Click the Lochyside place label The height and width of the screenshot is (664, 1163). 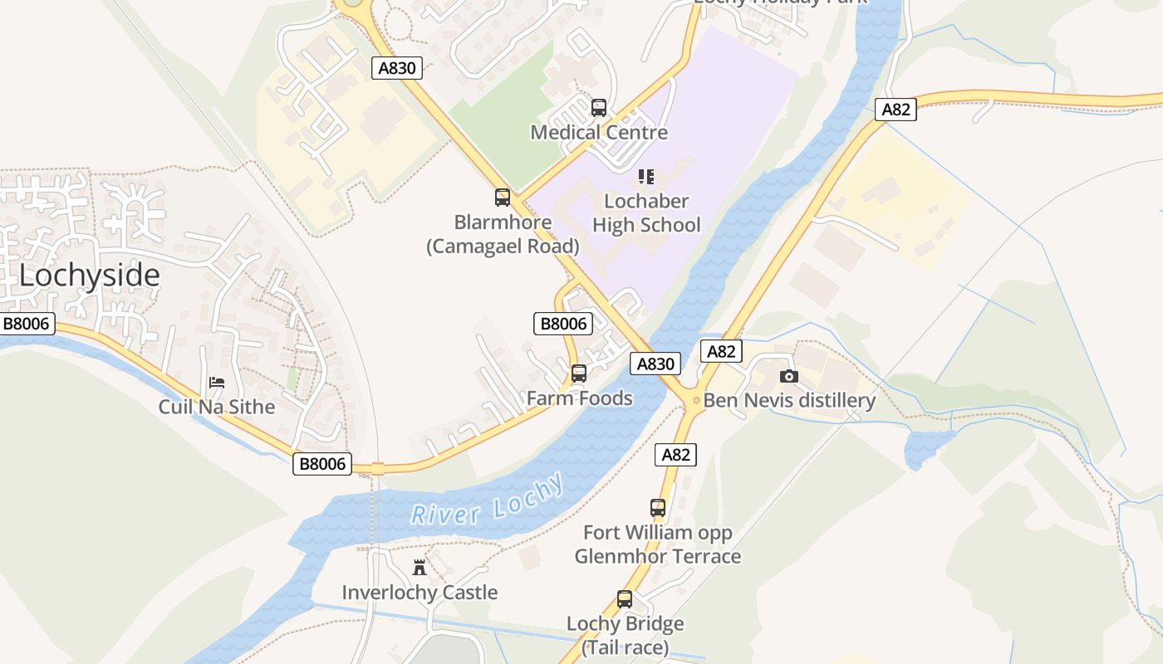coord(89,276)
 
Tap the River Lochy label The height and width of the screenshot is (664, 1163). coord(488,501)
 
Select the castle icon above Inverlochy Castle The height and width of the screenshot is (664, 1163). coord(420,569)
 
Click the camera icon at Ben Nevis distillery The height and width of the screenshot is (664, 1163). coord(789,376)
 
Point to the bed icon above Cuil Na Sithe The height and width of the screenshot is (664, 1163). coord(217,382)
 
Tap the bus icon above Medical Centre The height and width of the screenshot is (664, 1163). coord(599,108)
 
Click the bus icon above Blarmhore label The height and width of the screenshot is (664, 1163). coord(503,198)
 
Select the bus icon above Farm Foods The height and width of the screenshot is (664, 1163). coord(579,373)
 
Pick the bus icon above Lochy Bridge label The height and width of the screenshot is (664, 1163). coord(625,599)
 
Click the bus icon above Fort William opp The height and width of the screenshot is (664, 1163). coord(658,507)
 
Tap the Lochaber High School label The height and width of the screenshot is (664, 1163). coord(646,213)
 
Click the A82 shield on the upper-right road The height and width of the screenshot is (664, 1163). coord(896,110)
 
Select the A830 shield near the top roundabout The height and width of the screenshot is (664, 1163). coord(397,68)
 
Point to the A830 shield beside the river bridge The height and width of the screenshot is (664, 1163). coord(655,364)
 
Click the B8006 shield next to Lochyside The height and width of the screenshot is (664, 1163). coord(27,324)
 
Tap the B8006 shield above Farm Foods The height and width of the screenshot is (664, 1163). coord(563,324)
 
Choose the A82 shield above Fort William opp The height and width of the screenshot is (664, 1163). coord(675,454)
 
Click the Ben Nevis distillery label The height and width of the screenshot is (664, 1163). coord(789,401)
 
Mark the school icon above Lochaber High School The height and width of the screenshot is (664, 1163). coord(646,177)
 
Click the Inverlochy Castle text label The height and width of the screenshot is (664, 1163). coord(420,593)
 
